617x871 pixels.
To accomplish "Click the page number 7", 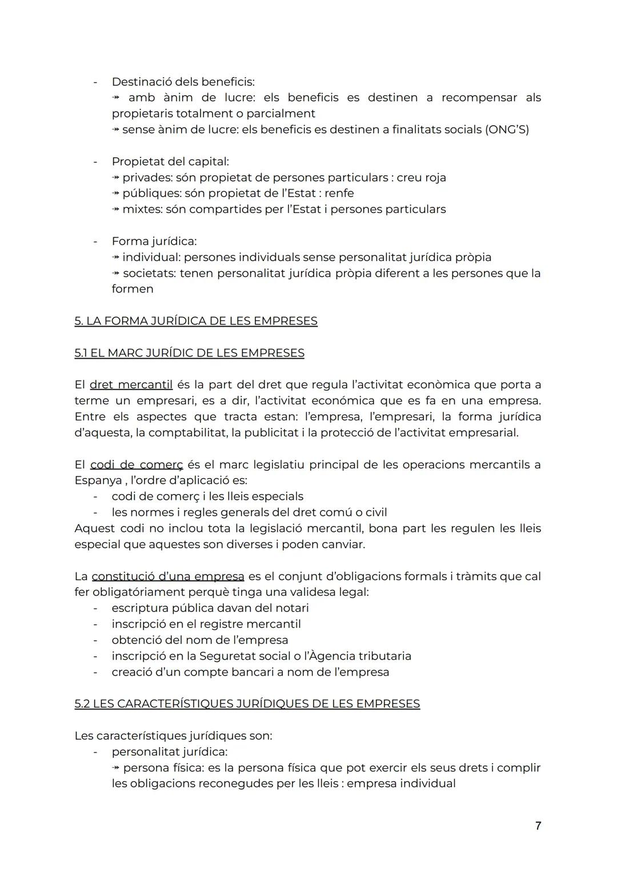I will point(538,826).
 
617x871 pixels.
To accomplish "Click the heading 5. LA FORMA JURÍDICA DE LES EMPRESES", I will point(195,321).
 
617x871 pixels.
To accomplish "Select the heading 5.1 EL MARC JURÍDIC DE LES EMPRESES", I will point(189,353).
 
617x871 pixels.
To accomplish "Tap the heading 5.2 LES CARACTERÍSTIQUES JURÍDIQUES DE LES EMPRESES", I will point(247,704).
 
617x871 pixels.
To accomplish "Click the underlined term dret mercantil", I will point(131,385).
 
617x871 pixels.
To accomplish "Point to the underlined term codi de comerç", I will point(137,465).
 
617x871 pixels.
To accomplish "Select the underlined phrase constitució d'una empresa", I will point(167,576).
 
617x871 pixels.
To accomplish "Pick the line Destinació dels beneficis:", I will point(183,82).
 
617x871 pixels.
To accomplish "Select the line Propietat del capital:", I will point(170,162).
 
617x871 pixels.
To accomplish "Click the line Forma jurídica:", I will point(154,242).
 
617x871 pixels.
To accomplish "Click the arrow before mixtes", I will point(115,210).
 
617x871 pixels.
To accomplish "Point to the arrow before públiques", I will point(115,194).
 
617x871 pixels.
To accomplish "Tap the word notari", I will point(291,608).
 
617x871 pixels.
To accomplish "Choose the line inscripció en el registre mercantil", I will point(206,624).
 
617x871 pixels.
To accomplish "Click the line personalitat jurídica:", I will point(169,752).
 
